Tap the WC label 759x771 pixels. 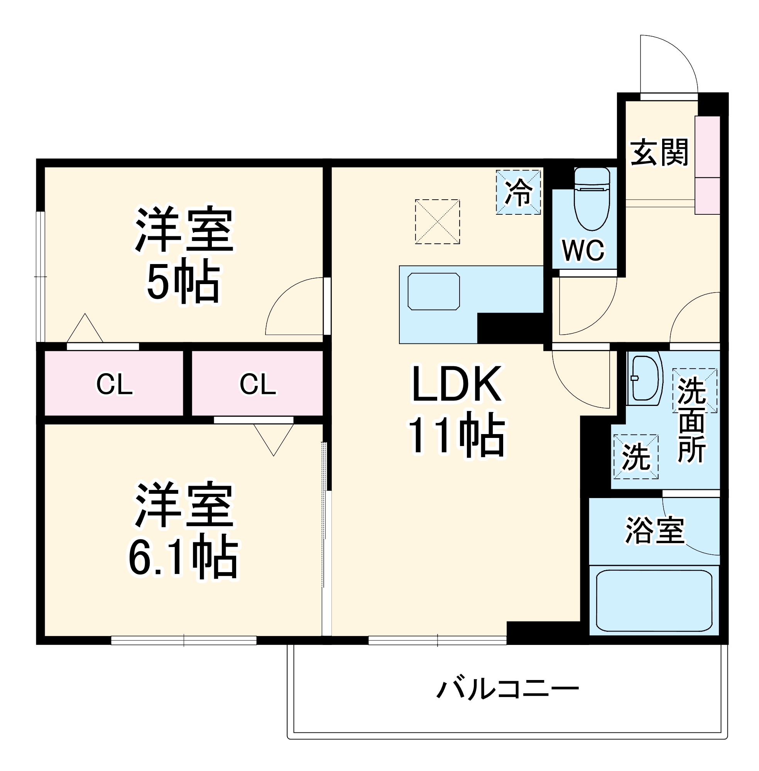pos(583,251)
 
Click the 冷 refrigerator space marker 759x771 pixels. pos(518,192)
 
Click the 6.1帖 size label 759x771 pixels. pos(184,557)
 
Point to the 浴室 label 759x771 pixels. pos(654,530)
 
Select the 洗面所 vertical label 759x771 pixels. pos(691,420)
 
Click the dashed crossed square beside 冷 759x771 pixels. pos(437,221)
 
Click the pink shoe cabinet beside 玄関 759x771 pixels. pos(707,165)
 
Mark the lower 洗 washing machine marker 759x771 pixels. pos(636,456)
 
